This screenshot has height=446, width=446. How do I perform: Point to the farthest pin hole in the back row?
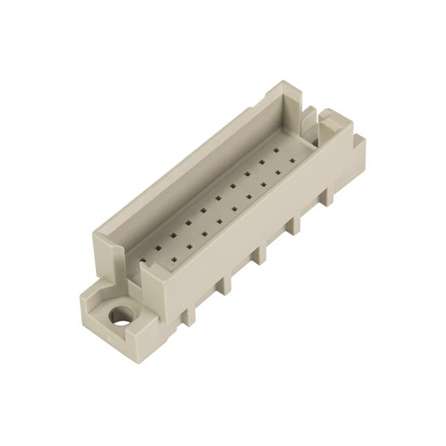[277, 148]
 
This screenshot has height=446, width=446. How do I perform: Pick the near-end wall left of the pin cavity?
[105, 251]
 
